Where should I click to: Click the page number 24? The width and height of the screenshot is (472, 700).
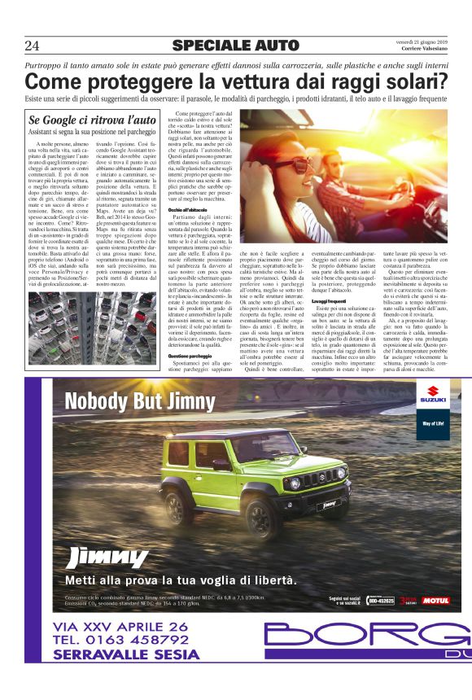point(33,45)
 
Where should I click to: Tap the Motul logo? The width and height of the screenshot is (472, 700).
point(435,600)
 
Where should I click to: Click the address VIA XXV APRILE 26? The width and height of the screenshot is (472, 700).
point(120,625)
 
